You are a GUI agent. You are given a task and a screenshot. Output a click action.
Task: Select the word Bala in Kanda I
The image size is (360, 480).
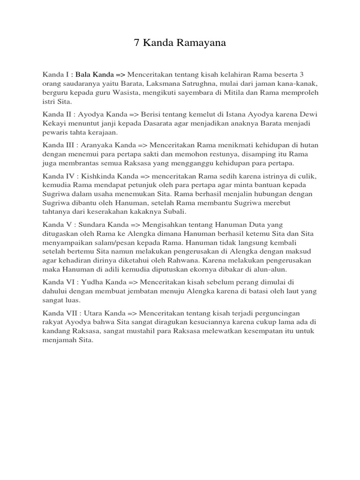coord(83,74)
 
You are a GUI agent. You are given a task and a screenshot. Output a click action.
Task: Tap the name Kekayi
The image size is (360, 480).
coord(55,123)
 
